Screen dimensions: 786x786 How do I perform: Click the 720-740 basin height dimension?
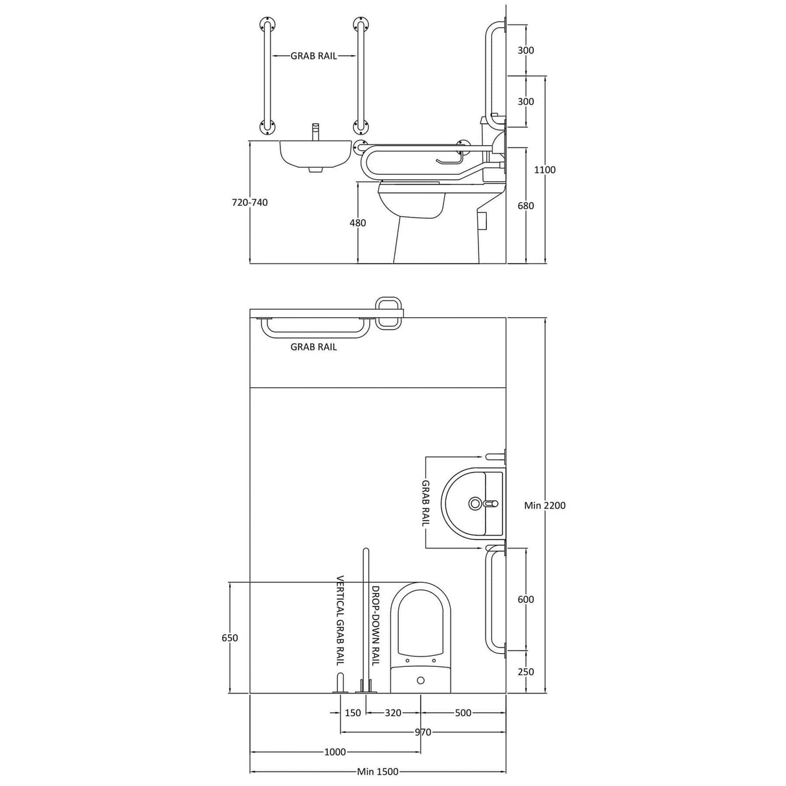pos(249,202)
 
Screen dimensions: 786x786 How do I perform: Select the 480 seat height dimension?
pos(357,223)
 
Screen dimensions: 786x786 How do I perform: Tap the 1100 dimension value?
pos(545,170)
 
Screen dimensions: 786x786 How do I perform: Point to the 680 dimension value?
pos(526,205)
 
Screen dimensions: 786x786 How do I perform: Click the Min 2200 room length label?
pos(545,505)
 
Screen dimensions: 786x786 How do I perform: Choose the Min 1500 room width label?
pos(377,771)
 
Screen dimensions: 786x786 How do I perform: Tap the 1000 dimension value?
pos(335,752)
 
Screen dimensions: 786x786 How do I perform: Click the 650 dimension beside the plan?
pos(229,638)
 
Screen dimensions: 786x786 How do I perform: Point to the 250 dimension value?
pos(526,671)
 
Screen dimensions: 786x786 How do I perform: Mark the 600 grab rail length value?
pos(526,600)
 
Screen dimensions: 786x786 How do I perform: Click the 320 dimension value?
pos(393,713)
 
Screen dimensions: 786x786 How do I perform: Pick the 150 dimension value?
pos(353,713)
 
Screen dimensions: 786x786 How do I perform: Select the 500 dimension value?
pos(463,713)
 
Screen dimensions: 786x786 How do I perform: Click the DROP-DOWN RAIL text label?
pos(374,625)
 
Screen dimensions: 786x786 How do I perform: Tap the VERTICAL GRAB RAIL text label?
pos(339,621)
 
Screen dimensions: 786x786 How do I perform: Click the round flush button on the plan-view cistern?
pos(421,680)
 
